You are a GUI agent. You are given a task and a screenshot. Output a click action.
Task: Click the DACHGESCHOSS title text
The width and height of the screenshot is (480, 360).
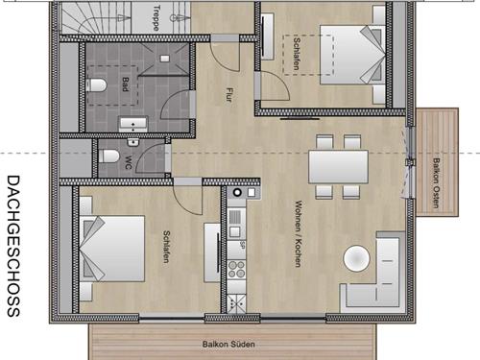click(x=13, y=246)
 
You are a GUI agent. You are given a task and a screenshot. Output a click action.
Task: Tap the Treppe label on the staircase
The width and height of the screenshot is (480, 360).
click(x=156, y=18)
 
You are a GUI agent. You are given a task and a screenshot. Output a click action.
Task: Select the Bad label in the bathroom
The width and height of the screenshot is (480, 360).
click(x=126, y=84)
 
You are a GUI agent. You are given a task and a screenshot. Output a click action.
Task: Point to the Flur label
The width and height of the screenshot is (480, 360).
click(x=228, y=95)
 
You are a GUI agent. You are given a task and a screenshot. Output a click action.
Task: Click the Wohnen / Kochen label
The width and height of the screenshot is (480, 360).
click(x=299, y=233)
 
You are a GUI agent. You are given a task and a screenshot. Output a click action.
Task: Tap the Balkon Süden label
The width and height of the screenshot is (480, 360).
click(x=228, y=345)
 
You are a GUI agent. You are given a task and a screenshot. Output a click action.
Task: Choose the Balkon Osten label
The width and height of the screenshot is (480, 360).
click(x=436, y=182)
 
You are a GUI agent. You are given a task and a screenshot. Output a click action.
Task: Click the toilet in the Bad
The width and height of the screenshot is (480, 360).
click(x=97, y=85)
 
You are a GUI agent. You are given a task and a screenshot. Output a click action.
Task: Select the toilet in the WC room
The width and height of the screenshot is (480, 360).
click(x=109, y=156)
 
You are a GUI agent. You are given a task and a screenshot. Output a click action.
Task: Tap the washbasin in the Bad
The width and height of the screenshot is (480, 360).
click(x=133, y=124)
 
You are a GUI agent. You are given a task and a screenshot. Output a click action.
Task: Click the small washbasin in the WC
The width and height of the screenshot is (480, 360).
click(x=133, y=142)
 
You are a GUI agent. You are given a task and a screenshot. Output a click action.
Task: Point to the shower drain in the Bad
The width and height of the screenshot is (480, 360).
click(x=165, y=59)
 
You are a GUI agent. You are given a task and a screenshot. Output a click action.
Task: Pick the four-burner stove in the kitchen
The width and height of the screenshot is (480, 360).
click(x=236, y=269)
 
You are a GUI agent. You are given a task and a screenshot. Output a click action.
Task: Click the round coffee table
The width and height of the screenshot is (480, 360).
click(x=356, y=258)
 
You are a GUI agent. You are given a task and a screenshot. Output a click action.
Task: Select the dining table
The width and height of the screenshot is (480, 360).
click(x=338, y=167)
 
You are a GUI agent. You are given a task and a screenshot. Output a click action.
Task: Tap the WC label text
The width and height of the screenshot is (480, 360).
click(x=128, y=162)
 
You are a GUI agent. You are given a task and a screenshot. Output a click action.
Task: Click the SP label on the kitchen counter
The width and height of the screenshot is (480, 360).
click(x=242, y=245)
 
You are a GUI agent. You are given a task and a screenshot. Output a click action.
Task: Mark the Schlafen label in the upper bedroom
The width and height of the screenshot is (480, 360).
click(x=297, y=54)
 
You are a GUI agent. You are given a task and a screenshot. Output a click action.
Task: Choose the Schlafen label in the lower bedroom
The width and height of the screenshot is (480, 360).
click(x=166, y=247)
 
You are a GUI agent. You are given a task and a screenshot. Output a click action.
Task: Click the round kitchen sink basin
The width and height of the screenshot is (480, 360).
click(x=237, y=192)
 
